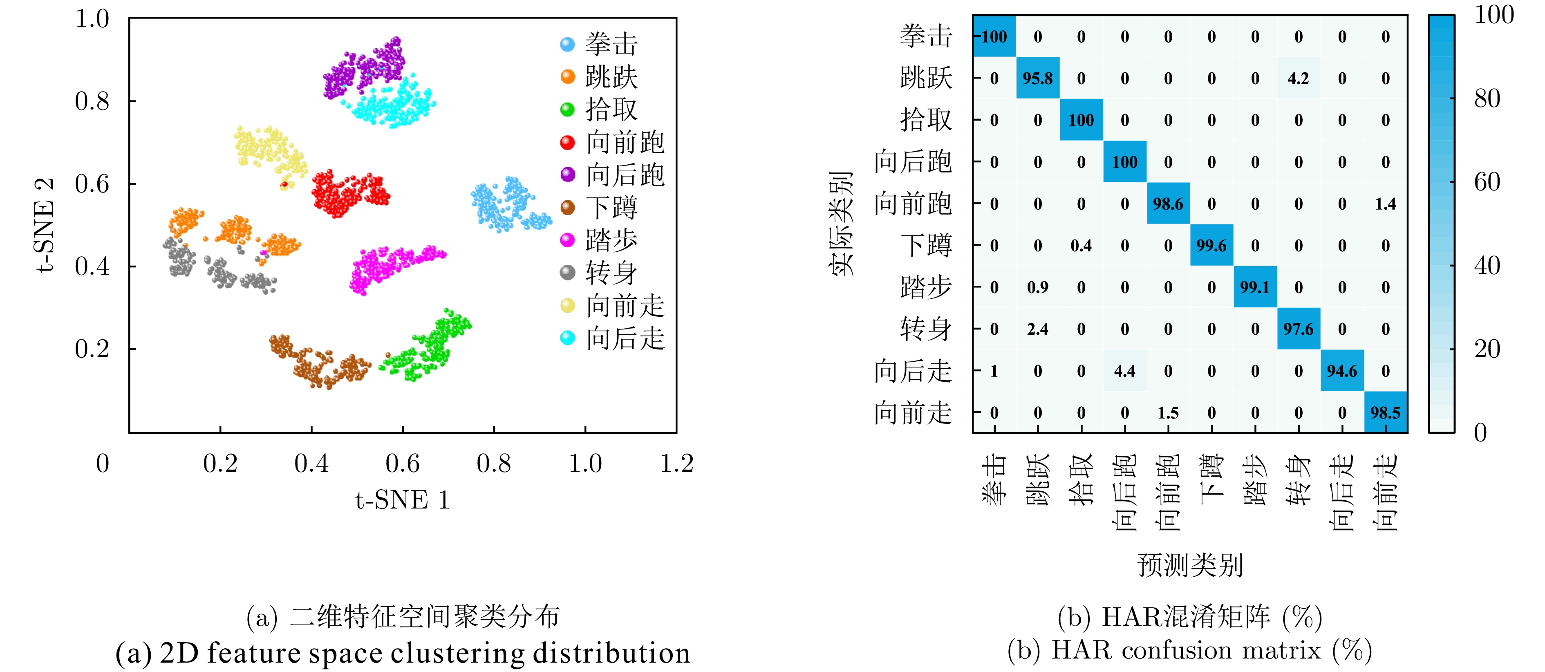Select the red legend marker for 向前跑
567,142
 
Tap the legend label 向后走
625,338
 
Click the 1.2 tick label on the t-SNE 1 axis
676,463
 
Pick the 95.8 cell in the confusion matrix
1038,78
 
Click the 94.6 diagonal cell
1342,371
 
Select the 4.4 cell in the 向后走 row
1124,371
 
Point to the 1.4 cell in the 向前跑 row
1386,204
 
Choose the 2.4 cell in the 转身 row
1038,329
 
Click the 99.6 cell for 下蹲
1211,245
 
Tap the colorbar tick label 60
1487,182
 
